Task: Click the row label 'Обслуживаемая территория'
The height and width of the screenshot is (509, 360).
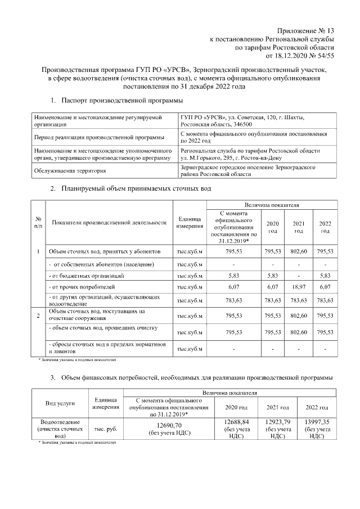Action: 70,172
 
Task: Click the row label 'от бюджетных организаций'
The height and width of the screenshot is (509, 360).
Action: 86,276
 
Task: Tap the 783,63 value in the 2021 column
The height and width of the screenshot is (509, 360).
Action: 299,300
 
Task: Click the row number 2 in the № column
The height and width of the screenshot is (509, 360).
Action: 38,316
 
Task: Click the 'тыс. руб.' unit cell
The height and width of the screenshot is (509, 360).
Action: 105,429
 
